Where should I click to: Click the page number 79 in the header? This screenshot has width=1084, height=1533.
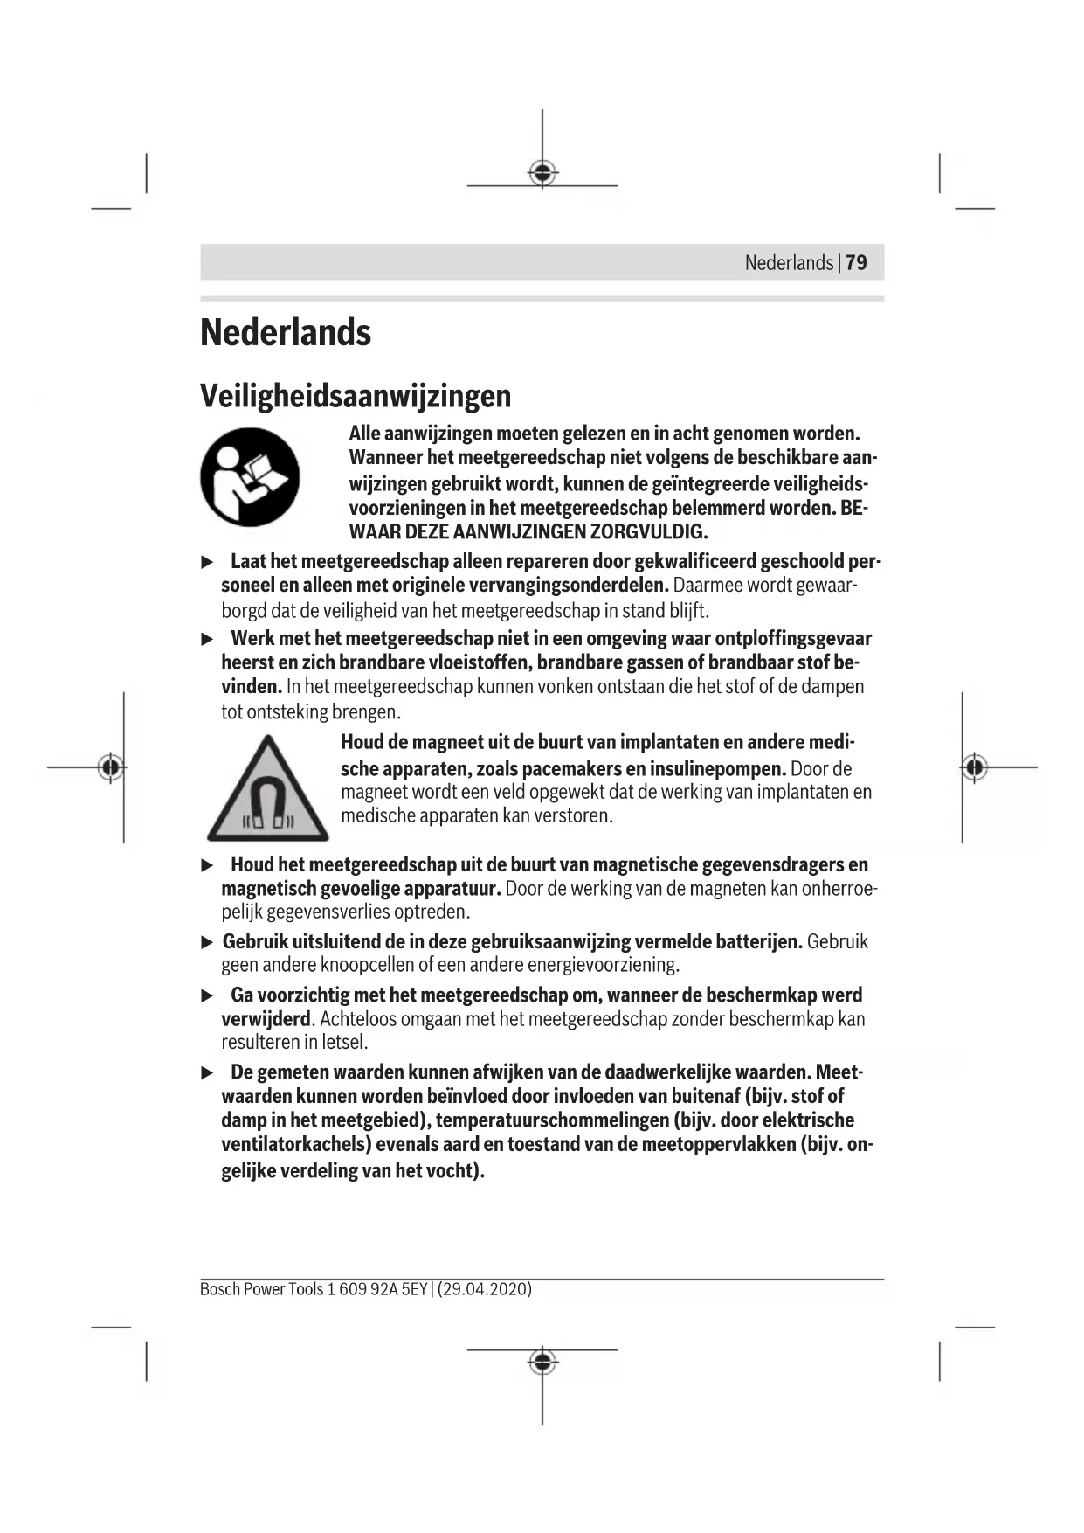point(856,262)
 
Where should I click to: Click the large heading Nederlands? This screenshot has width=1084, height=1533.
point(286,333)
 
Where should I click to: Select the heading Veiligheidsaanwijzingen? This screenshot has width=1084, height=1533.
point(356,396)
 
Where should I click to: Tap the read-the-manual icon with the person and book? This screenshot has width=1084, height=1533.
point(250,477)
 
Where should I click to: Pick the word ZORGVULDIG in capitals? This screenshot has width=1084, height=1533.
point(648,531)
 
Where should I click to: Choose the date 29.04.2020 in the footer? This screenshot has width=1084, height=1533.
point(485,1289)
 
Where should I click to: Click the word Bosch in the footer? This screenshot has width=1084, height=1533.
point(219,1289)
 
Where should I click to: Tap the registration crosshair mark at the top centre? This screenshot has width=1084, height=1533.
point(542,174)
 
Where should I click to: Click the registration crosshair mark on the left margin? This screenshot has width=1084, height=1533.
point(110,767)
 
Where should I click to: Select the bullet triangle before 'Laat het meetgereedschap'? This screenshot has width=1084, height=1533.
point(208,561)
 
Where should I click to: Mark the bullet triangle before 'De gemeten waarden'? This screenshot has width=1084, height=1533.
point(208,1072)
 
